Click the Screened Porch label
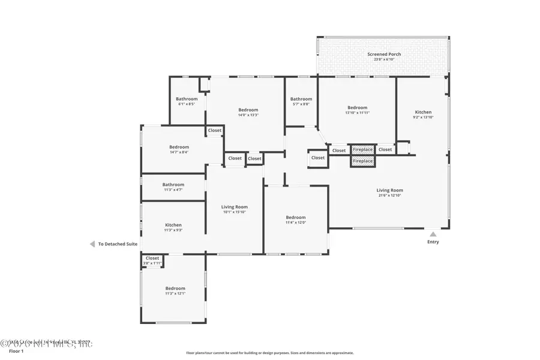point(384,54)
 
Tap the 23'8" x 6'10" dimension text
point(384,59)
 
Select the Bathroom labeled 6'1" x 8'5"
point(187,99)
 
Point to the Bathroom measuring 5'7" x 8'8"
point(301,99)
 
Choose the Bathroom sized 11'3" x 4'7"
point(173,185)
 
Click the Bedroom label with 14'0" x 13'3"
point(248,110)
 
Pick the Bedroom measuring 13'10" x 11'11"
point(357,108)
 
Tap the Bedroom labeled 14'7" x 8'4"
point(179,147)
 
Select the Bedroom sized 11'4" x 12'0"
point(296,217)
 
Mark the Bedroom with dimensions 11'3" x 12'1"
point(175,288)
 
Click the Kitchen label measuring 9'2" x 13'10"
point(423,112)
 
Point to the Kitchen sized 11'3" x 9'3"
point(173,225)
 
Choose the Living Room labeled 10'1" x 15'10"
point(235,207)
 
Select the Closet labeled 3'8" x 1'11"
point(152,259)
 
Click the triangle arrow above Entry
point(433,234)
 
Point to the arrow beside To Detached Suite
point(92,244)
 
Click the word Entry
point(433,242)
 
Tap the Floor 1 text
point(16,351)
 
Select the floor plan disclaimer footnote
point(270,353)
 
